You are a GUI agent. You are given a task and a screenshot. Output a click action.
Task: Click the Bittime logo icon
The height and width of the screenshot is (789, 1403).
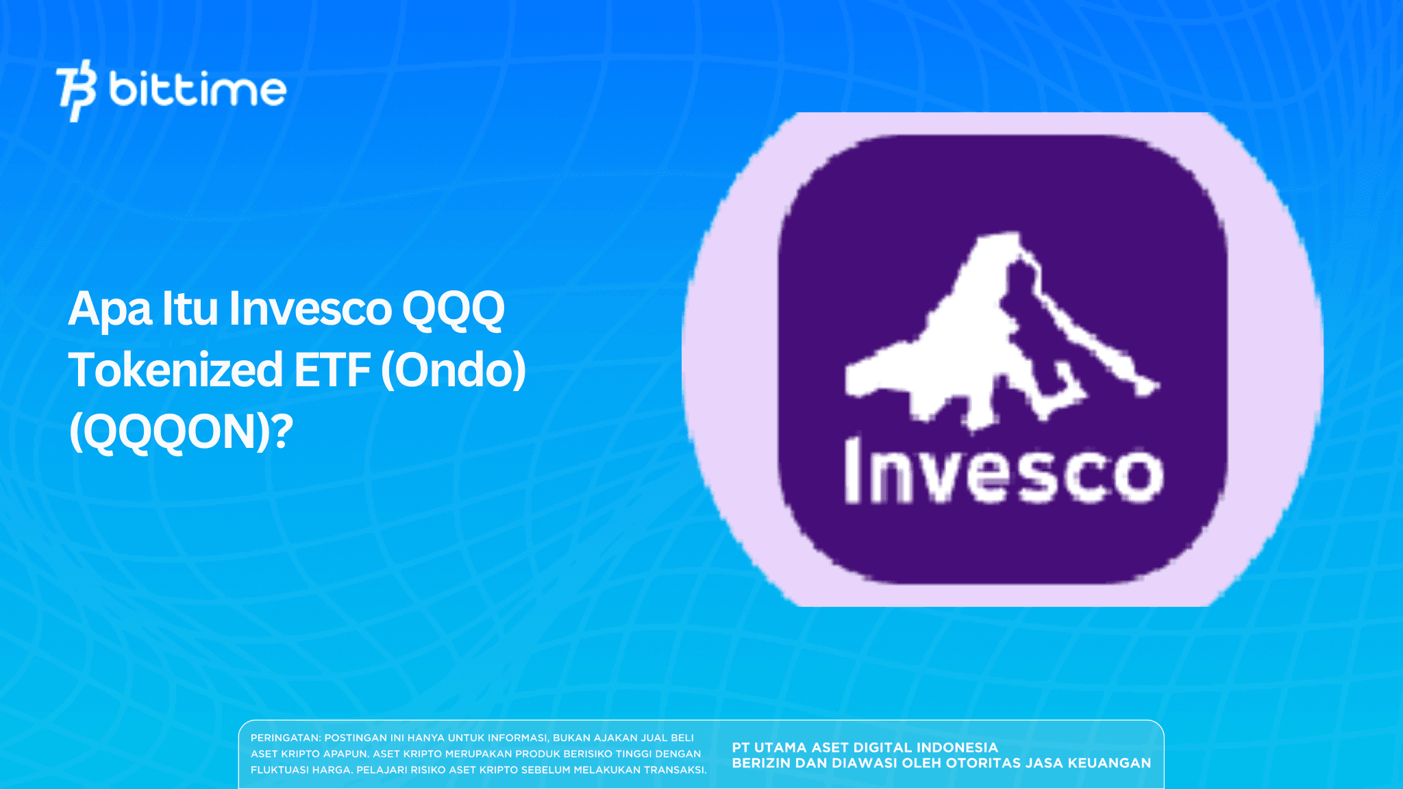coord(76,90)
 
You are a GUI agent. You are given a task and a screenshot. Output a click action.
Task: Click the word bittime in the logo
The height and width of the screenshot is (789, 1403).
coord(197,90)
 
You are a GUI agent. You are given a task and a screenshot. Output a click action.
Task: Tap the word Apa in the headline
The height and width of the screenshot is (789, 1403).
coord(110,310)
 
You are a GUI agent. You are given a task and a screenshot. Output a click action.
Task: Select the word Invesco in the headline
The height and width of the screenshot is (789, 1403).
coord(310,310)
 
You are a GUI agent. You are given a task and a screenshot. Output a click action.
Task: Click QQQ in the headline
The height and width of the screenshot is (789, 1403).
coord(453,310)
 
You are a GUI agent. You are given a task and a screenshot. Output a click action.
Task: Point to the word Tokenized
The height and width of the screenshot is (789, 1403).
coord(175,370)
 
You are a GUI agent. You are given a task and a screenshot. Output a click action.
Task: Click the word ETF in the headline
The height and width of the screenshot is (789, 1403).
coord(332,370)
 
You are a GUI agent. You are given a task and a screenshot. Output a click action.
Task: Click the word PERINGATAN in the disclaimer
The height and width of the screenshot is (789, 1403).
coord(285,738)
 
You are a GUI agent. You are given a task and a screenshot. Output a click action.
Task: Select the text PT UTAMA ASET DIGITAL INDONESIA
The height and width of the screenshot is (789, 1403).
coord(865,748)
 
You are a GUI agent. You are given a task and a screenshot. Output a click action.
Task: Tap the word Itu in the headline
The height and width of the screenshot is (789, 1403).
coord(190,310)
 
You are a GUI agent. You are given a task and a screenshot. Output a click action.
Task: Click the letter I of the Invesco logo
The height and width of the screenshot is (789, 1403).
coord(854,471)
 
